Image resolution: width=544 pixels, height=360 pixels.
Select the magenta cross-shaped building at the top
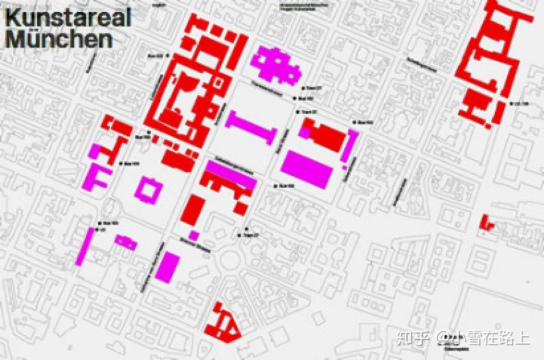pos(275,65)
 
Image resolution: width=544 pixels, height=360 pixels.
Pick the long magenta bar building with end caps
pos(249,126)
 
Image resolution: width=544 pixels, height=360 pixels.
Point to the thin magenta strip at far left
pos(85,246)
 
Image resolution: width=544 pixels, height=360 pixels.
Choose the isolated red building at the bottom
pos(222,322)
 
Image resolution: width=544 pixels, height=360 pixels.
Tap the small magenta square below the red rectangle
pos(193,235)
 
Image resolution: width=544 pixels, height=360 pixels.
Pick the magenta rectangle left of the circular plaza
pos(169,266)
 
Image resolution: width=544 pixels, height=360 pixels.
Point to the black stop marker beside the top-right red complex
pos(511,103)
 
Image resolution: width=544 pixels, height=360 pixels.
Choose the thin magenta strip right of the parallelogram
pos(351,146)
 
